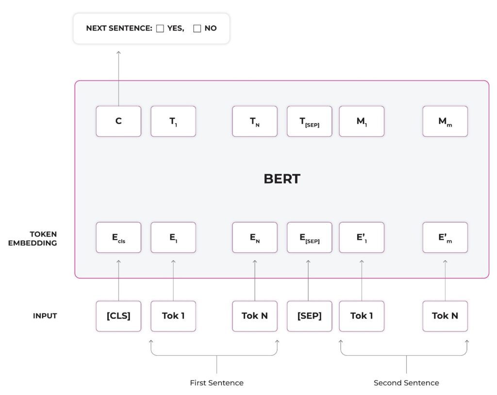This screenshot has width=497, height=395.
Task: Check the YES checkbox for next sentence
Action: click(160, 29)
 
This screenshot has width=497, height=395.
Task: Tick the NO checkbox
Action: click(197, 29)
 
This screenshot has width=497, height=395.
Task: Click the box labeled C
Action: click(118, 121)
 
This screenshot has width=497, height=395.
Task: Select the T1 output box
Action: click(173, 121)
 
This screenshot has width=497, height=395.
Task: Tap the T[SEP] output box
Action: click(310, 121)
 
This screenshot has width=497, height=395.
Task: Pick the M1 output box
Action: click(362, 121)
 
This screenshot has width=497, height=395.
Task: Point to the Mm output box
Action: click(445, 121)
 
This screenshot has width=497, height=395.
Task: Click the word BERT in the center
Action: click(282, 179)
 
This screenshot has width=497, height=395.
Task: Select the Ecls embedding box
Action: click(118, 238)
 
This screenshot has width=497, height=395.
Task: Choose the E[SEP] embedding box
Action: click(310, 238)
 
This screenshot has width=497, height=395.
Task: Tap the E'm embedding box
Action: click(445, 238)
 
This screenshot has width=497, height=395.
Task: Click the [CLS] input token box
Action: click(118, 316)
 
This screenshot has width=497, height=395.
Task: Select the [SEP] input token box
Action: click(310, 316)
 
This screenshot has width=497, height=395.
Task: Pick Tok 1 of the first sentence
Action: click(173, 316)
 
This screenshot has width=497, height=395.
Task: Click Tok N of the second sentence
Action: click(445, 316)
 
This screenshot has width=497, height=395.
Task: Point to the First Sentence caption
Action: click(216, 383)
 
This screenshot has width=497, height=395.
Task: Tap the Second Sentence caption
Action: click(406, 383)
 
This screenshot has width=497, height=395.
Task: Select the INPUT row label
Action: click(45, 316)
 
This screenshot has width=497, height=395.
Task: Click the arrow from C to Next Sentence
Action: click(118, 78)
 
